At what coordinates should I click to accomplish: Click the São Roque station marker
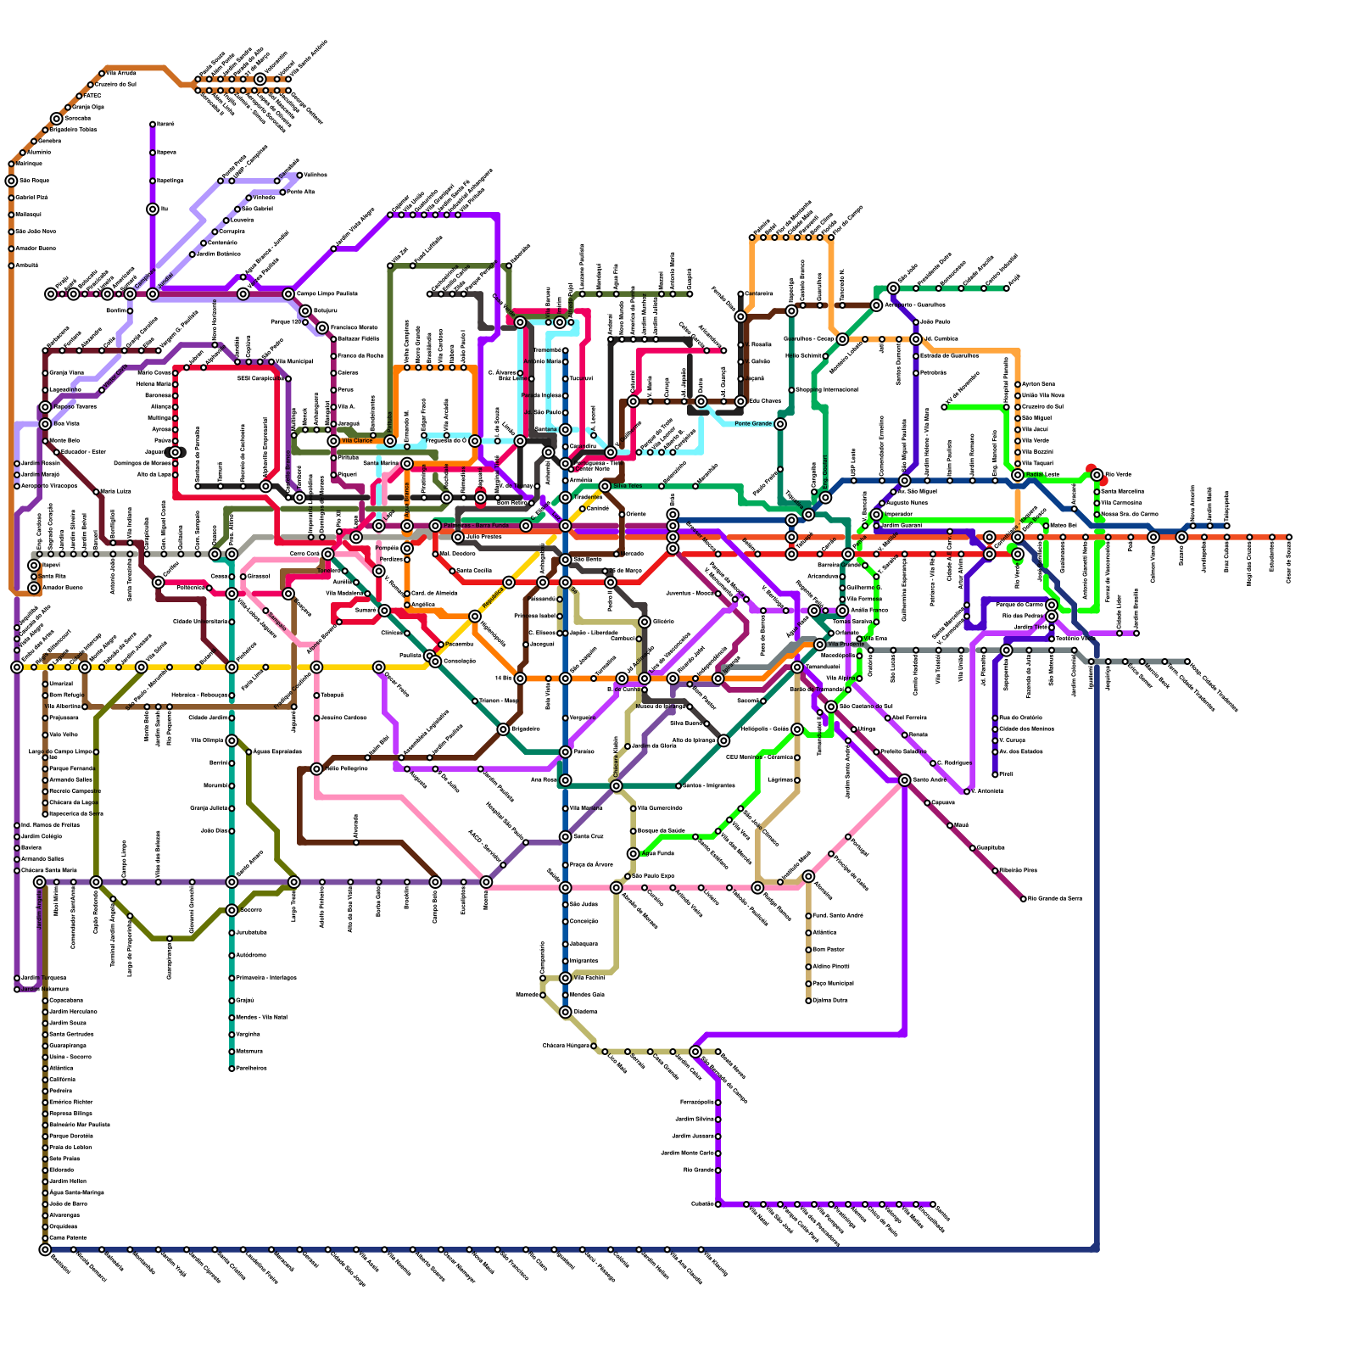coord(11,181)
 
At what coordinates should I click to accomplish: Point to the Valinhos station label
coord(315,175)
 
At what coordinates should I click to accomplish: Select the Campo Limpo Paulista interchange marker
coord(288,294)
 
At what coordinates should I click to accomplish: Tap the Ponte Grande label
coord(752,424)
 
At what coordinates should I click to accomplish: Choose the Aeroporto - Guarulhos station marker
coord(876,305)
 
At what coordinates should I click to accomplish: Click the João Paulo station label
coord(935,322)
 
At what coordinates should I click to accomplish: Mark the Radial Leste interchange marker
coord(1018,475)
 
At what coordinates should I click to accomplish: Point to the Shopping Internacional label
coord(827,390)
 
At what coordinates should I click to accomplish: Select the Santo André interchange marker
coord(905,780)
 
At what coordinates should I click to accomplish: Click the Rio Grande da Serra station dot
coord(1024,899)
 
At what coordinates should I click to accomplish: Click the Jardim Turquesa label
coord(42,978)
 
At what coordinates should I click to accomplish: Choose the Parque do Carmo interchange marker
coord(1052,605)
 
